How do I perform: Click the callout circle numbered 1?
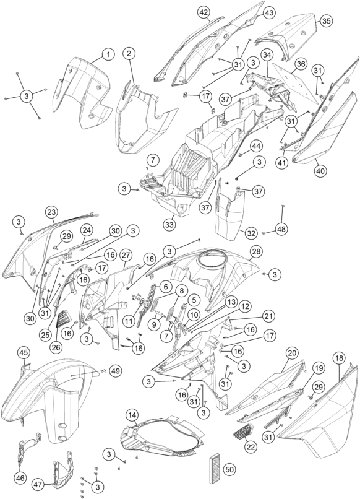(x=108, y=54)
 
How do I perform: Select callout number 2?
(x=129, y=53)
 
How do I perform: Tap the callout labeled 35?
(x=326, y=21)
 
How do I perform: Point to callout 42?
(x=204, y=13)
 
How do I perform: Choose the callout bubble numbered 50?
(x=229, y=469)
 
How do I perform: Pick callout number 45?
(x=24, y=353)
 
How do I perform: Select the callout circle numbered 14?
(x=132, y=415)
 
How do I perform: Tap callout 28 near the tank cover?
(x=256, y=251)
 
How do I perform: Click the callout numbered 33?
(x=169, y=225)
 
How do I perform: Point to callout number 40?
(x=320, y=171)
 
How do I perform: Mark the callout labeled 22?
(x=251, y=447)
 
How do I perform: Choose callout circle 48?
(x=281, y=229)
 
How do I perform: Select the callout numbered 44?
(x=256, y=146)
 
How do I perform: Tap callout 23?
(x=51, y=212)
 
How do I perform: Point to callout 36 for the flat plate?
(x=301, y=64)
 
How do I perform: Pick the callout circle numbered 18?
(x=339, y=358)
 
